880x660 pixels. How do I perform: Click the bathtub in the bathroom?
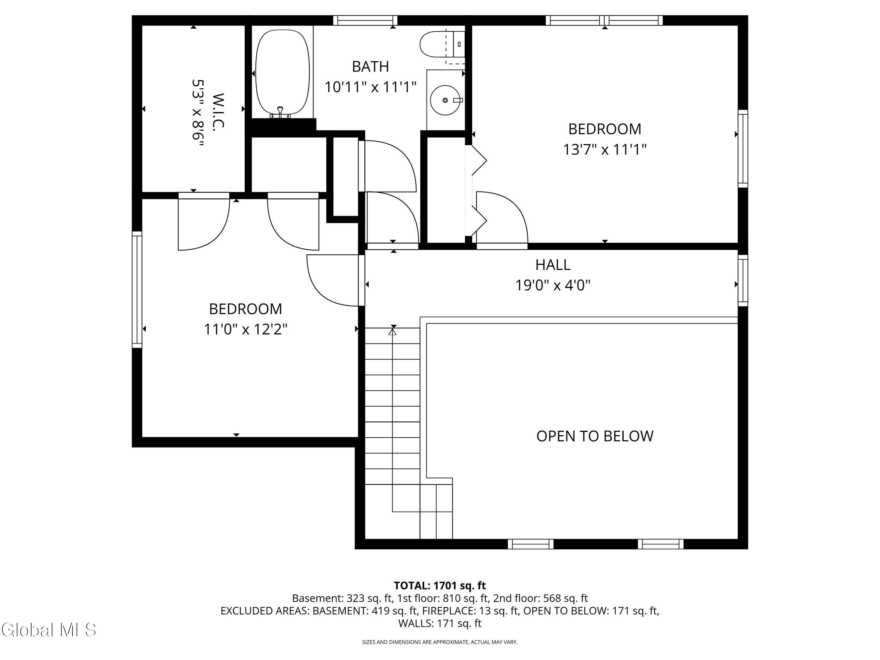(282, 72)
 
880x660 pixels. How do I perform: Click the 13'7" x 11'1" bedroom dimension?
(604, 150)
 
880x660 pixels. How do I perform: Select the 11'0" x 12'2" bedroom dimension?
(246, 329)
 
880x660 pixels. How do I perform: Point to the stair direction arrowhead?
(393, 331)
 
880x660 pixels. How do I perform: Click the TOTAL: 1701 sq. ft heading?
(440, 585)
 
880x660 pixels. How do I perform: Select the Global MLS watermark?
(48, 630)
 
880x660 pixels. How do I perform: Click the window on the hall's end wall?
(742, 280)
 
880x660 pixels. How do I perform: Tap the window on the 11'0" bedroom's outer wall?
(137, 289)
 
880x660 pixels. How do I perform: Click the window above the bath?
(365, 20)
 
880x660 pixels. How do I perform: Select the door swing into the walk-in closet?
(204, 223)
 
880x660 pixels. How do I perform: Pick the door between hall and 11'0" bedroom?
(334, 280)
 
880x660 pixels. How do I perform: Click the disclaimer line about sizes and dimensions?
(440, 642)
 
